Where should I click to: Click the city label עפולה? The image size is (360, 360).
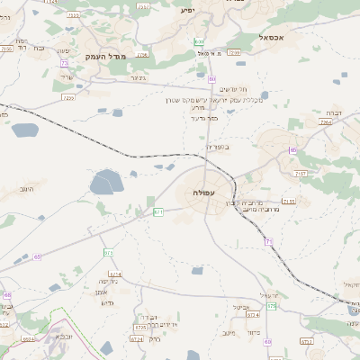[203, 193]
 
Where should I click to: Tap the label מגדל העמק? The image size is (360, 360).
[103, 57]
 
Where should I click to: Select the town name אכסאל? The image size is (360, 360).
[270, 38]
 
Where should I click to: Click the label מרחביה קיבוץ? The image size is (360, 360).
[240, 202]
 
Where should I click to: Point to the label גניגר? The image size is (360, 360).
[137, 77]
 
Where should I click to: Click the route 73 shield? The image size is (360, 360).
[109, 253]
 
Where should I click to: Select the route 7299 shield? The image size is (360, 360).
[233, 53]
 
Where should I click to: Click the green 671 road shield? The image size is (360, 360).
[158, 211]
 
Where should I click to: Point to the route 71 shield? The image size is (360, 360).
[268, 241]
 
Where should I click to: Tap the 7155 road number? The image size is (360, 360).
[289, 202]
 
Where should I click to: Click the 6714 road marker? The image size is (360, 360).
[114, 273]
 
